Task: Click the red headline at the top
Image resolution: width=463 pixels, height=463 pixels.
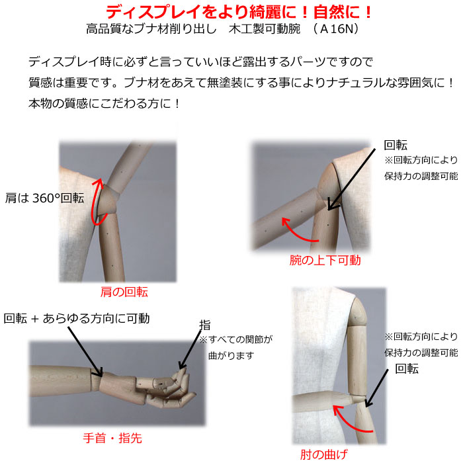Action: click(239, 12)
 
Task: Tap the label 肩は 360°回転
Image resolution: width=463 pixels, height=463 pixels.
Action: click(44, 198)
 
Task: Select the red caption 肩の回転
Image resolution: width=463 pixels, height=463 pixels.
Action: click(124, 292)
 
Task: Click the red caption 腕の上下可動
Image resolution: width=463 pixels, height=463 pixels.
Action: click(325, 260)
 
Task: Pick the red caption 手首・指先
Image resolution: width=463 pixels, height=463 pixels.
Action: click(112, 438)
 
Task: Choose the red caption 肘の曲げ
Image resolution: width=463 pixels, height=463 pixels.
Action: click(324, 454)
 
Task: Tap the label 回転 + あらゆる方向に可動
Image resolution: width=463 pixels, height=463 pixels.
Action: click(77, 319)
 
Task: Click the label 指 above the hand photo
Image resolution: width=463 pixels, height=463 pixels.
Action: click(205, 325)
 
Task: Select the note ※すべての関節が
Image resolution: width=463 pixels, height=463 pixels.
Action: click(235, 339)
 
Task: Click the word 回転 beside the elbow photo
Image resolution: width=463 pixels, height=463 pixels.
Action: click(407, 369)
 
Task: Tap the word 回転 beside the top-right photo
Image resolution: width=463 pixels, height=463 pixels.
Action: click(396, 146)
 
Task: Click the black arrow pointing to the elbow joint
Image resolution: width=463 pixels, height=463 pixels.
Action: click(376, 388)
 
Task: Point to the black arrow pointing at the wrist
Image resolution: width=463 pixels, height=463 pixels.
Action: click(85, 351)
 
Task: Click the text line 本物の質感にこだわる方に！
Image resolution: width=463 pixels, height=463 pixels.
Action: click(104, 103)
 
